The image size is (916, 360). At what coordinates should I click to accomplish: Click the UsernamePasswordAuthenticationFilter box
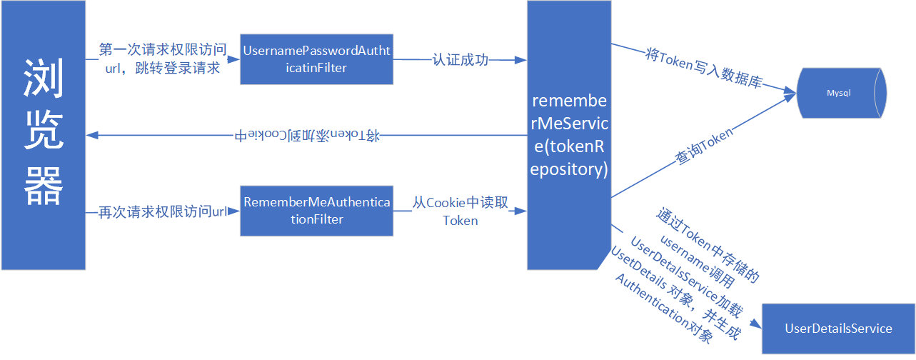[x=316, y=59]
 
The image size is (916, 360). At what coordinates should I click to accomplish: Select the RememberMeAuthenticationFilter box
[x=316, y=211]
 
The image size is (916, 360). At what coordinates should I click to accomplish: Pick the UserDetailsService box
[x=838, y=329]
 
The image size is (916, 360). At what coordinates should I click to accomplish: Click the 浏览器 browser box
[x=43, y=136]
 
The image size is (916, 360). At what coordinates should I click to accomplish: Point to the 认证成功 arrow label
[x=460, y=60]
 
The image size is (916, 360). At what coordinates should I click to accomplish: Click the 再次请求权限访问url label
[x=162, y=212]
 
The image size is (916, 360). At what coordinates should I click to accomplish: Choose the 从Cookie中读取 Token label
[x=460, y=211]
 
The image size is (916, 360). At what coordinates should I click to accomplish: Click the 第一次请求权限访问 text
[x=163, y=50]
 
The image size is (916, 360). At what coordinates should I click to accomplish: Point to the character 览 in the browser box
[x=44, y=134]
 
